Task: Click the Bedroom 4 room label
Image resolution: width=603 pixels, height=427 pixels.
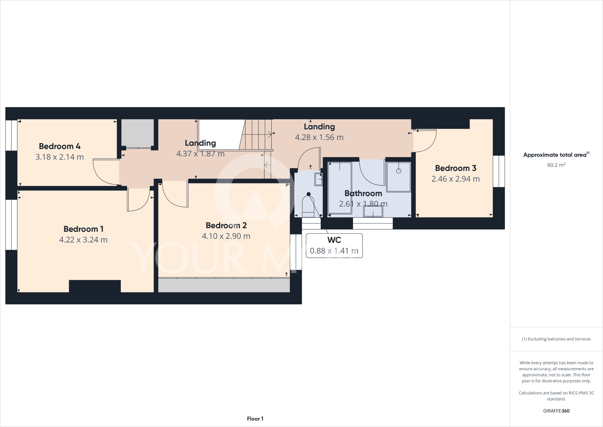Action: coord(59,146)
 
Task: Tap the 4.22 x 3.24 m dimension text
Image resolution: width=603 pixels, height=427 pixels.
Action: coord(83,240)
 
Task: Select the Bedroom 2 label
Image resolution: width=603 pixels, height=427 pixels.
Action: coord(226,226)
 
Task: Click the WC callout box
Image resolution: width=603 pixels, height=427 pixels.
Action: coord(334,246)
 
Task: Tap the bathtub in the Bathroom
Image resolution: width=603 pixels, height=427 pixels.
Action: coord(340,188)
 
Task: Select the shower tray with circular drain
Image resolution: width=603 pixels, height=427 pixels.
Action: coord(399,177)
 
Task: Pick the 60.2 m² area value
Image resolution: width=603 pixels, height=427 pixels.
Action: coord(556,165)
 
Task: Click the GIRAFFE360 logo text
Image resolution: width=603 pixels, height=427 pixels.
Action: coord(556,411)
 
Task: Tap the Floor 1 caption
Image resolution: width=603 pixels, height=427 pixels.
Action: coord(255,419)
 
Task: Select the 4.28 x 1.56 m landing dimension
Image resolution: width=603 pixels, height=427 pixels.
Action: coord(319,137)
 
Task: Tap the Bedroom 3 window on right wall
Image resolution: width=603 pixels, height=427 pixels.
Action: coord(499,171)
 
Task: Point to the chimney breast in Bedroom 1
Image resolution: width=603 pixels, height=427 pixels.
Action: coord(95,286)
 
